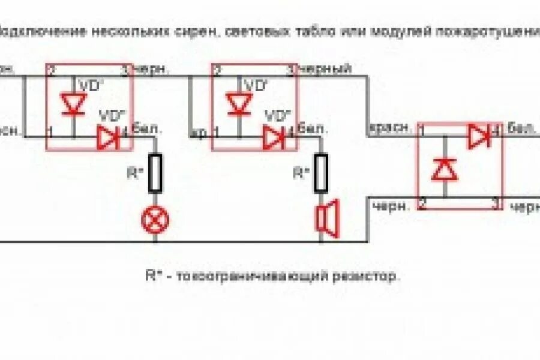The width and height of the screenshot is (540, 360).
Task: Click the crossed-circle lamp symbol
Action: [155, 220]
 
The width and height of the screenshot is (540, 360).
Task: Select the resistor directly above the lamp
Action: [155, 173]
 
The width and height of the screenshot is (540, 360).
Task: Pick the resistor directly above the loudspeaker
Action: [321, 173]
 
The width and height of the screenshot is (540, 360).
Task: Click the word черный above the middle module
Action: [325, 69]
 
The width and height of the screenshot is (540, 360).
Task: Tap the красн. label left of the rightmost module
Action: [391, 127]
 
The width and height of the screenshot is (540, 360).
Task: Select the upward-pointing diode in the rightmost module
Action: [445, 170]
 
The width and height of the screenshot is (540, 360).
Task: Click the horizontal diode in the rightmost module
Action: [479, 137]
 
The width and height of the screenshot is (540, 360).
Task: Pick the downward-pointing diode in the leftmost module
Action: [74, 104]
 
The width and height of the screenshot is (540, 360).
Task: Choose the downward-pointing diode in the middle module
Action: [239, 104]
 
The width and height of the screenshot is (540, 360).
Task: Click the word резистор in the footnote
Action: [372, 277]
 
